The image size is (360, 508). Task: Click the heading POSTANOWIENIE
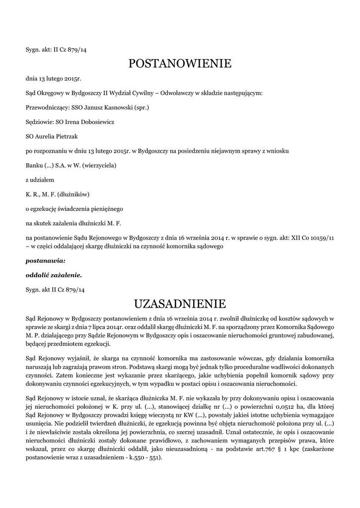click(x=180, y=63)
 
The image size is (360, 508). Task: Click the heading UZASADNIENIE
click(x=180, y=303)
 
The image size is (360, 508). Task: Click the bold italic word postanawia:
click(x=45, y=260)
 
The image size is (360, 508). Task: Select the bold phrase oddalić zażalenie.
click(x=54, y=274)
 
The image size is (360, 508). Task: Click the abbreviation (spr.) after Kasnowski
click(x=141, y=107)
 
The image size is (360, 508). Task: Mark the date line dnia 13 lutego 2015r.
click(x=53, y=78)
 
